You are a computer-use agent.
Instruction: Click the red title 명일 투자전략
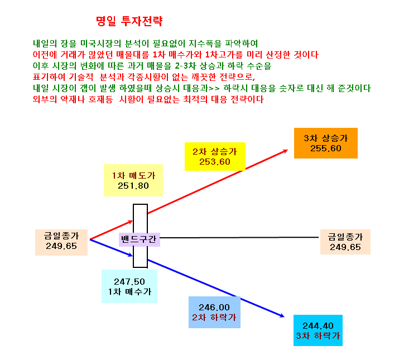coord(129,21)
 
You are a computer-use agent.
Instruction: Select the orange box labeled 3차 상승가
coord(326,143)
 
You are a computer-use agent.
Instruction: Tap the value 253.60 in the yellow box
coord(215,161)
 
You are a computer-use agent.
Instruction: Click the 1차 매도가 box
coord(133,180)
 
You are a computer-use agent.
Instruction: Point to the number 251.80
coord(133,185)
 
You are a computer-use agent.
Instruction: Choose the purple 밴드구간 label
coord(139,239)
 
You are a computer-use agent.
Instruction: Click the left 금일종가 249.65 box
coord(61,242)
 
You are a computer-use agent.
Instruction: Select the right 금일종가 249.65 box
coord(345,242)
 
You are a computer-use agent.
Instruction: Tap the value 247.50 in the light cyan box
coord(129,281)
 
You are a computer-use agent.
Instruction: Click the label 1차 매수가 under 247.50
coord(129,291)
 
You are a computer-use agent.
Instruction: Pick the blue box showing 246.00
coord(214,312)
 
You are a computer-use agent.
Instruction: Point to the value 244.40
coord(318,326)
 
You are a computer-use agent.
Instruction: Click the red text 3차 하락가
coord(318,336)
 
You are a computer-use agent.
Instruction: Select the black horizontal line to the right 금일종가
coord(239,237)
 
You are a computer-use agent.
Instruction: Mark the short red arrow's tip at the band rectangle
coord(132,221)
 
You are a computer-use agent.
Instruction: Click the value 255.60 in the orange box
coord(326,148)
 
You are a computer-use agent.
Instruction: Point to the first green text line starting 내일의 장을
coord(145,44)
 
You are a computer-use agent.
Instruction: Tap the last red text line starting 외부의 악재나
coord(148,99)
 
